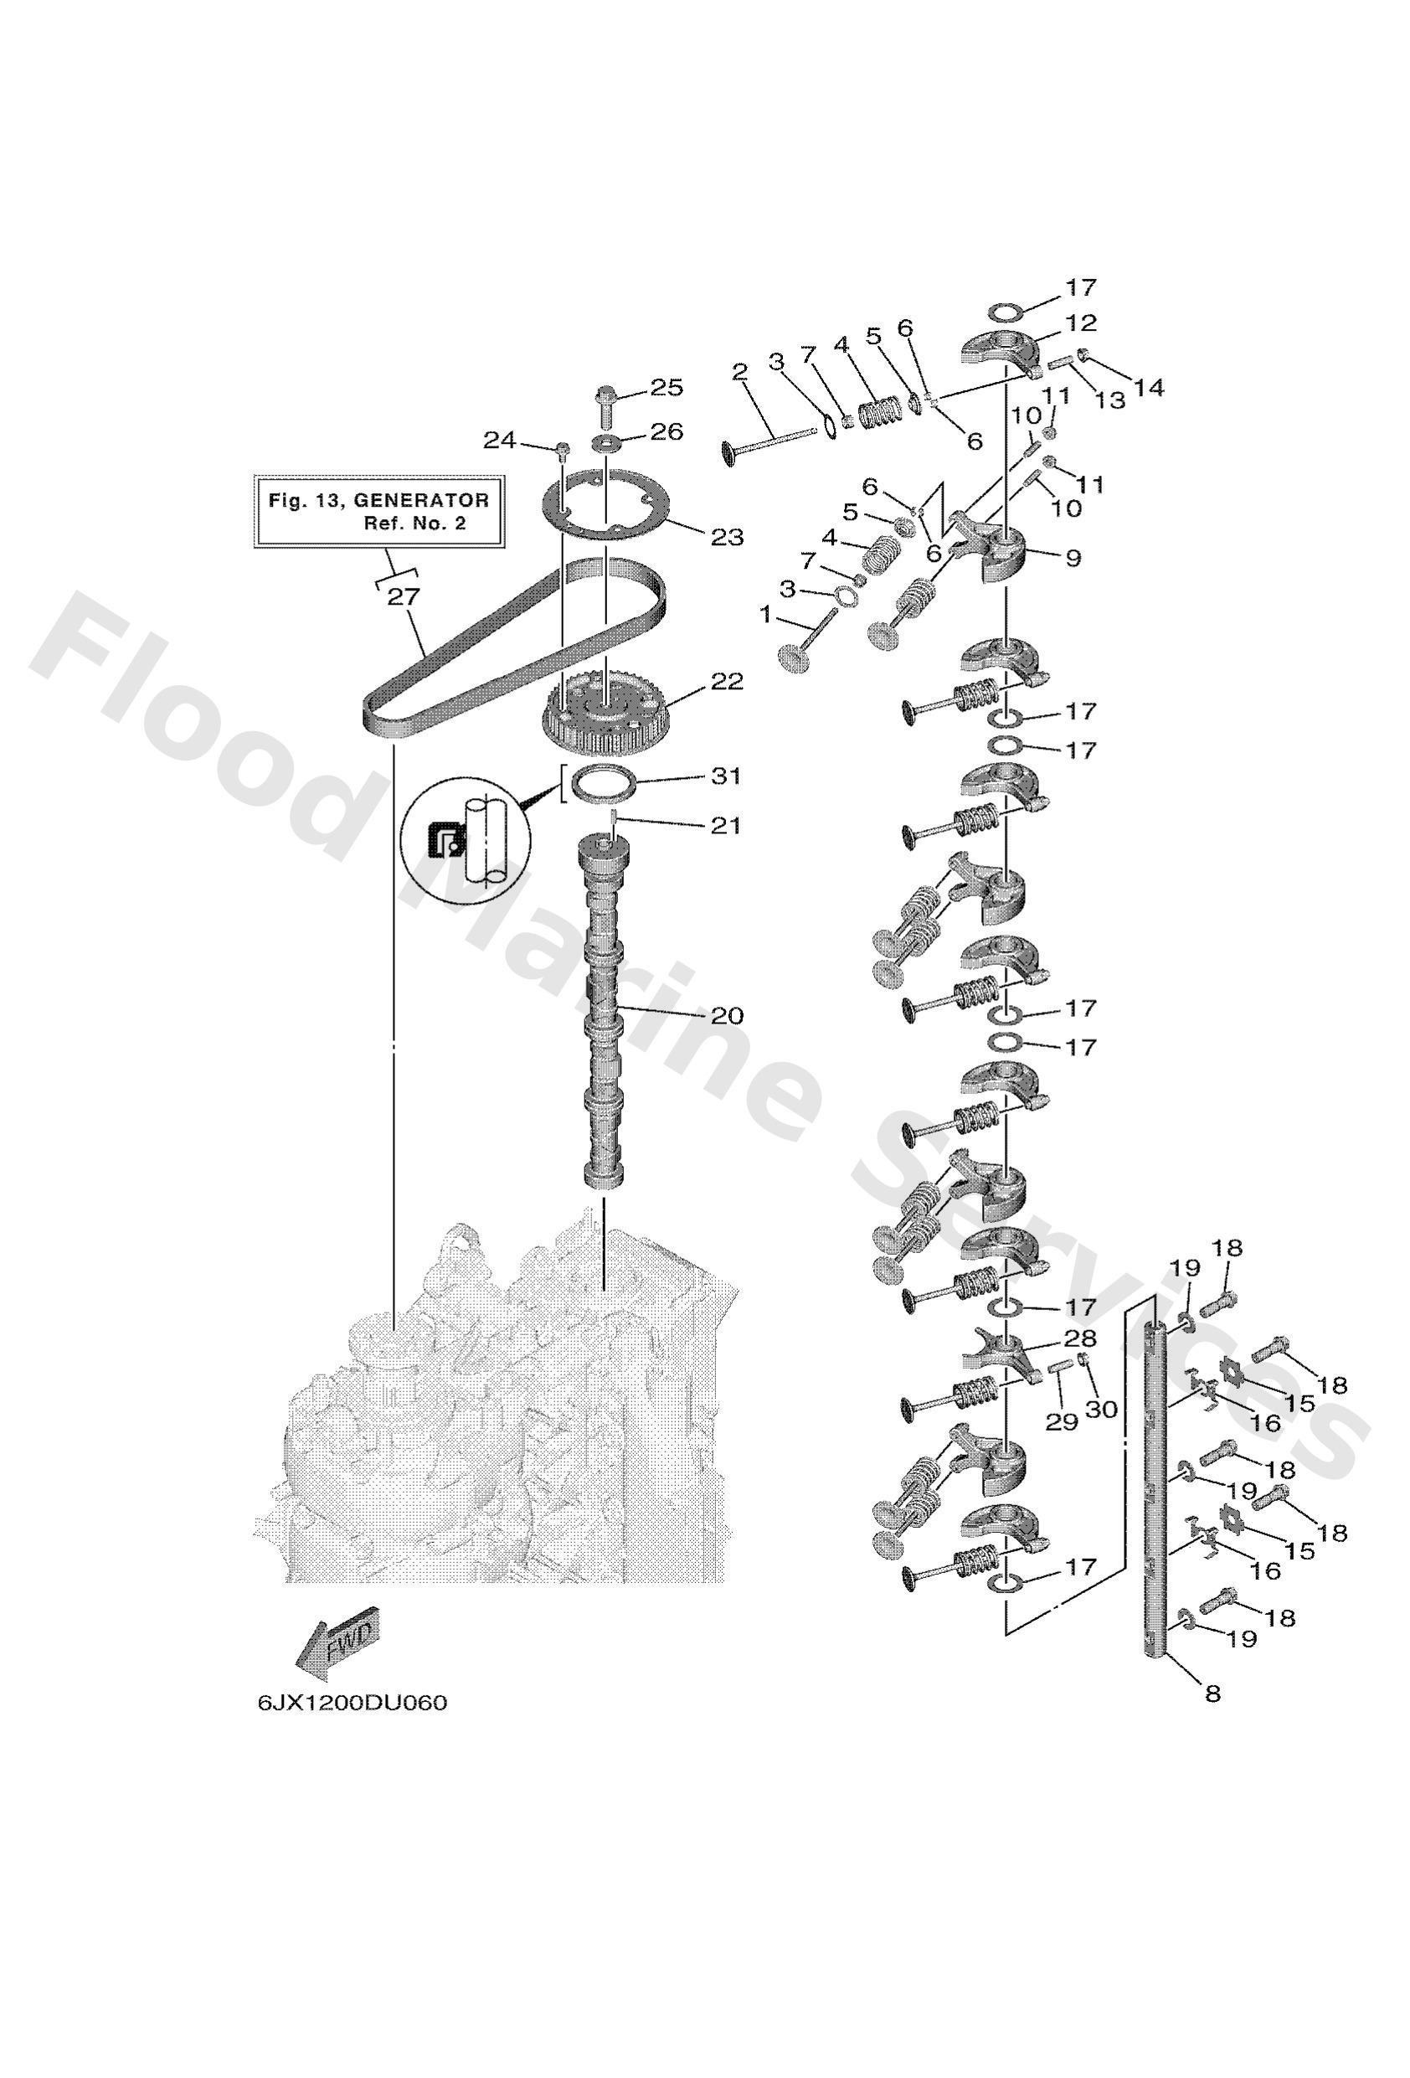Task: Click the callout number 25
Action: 666,387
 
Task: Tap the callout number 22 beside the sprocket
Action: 727,681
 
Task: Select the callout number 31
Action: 725,776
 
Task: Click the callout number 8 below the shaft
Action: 1212,1693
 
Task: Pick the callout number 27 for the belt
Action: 404,596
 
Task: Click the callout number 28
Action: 1078,1338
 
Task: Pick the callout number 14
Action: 1149,388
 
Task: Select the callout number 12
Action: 1080,322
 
